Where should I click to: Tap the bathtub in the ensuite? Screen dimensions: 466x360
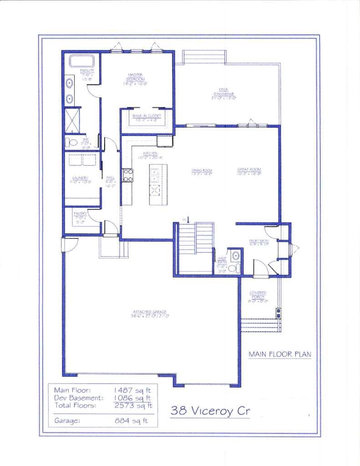[x=81, y=61]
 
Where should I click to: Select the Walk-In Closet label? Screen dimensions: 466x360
[x=147, y=118]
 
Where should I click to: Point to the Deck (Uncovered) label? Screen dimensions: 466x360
[x=223, y=93]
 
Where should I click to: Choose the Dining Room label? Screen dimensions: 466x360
[x=202, y=172]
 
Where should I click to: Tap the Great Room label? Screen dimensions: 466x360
[x=249, y=172]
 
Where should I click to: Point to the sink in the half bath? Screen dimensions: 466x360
[x=235, y=255]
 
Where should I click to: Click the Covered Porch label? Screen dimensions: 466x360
[x=258, y=296]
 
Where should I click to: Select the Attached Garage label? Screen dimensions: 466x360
[x=148, y=314]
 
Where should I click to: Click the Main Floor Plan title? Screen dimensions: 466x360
[x=280, y=354]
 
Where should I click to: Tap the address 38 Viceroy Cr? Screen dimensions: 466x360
[x=210, y=411]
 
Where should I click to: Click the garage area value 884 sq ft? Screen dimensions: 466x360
[x=131, y=421]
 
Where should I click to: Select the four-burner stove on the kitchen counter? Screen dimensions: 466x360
[x=128, y=175]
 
